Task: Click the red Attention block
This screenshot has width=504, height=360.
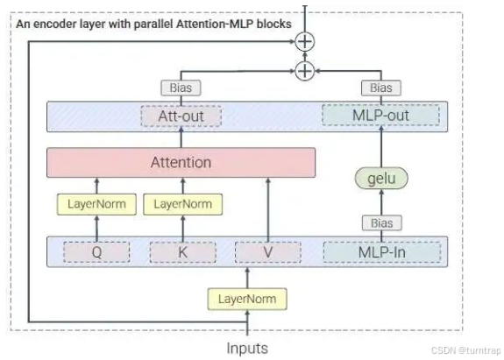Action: click(x=181, y=163)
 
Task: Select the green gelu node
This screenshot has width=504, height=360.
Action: click(x=381, y=178)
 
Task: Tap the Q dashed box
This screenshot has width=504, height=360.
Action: click(x=96, y=252)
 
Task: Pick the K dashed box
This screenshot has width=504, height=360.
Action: click(x=183, y=252)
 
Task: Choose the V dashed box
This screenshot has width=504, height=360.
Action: click(x=268, y=252)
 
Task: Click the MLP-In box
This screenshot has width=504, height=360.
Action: click(x=382, y=252)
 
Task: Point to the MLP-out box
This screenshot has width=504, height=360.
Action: click(x=381, y=116)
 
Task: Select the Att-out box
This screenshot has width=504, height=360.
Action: click(x=181, y=116)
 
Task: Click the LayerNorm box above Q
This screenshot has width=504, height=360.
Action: click(x=96, y=204)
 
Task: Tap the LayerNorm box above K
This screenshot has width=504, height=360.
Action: click(x=183, y=204)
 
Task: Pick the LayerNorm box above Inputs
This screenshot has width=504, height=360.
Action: click(x=247, y=299)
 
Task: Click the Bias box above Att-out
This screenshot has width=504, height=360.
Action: click(x=181, y=88)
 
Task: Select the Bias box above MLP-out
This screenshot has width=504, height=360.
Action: click(x=381, y=88)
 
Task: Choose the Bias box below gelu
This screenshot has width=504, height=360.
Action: click(x=382, y=222)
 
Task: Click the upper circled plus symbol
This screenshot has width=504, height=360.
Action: click(x=305, y=41)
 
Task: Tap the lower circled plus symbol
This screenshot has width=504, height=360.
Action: click(x=305, y=71)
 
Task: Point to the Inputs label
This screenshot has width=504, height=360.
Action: click(x=247, y=348)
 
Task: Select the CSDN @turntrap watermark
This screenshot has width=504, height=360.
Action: click(x=465, y=350)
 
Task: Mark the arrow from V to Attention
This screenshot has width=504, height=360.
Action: click(x=268, y=210)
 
